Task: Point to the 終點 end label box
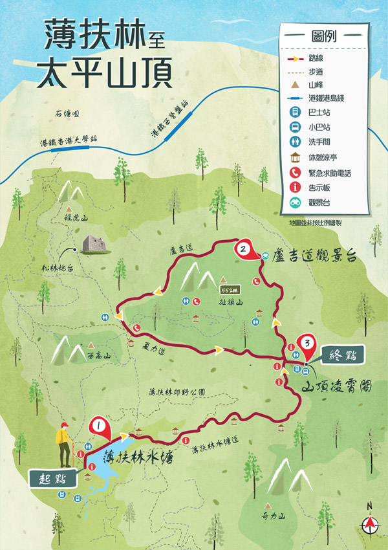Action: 343,355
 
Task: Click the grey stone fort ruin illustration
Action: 92,244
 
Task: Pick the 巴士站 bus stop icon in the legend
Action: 294,112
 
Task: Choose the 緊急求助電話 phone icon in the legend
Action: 294,173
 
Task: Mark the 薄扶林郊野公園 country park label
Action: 177,391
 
